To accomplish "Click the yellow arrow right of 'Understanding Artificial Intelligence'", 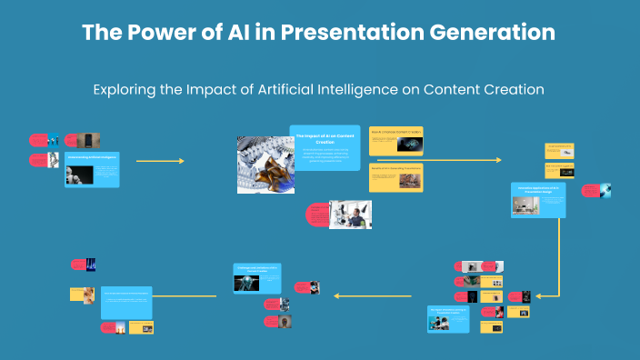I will tap(160, 161).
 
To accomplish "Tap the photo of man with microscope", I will tap(350, 214).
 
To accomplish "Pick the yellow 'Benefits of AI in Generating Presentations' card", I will tap(395, 177).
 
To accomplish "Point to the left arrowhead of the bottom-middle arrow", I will tap(336, 295).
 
